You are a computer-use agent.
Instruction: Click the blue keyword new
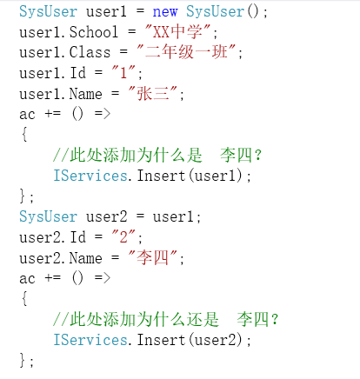click(x=165, y=12)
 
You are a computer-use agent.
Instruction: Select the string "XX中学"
click(x=177, y=32)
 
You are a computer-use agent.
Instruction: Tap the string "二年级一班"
click(x=186, y=52)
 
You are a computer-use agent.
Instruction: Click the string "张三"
click(x=152, y=94)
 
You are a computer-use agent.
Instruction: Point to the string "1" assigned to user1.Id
click(x=123, y=72)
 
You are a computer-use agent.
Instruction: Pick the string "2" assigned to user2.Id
click(x=123, y=237)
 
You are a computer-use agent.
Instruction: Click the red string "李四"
click(x=152, y=257)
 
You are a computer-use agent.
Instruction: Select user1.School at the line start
click(x=69, y=32)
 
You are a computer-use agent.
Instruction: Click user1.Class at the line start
click(x=65, y=52)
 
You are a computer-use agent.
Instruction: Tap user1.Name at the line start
click(x=61, y=94)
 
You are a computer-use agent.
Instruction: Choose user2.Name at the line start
click(x=61, y=258)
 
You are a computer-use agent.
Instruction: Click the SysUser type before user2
click(x=48, y=216)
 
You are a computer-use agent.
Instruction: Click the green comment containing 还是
click(x=166, y=319)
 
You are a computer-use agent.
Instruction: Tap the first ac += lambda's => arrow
click(x=103, y=113)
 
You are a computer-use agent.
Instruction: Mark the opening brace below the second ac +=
click(x=24, y=298)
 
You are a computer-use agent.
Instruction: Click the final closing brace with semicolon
click(x=26, y=361)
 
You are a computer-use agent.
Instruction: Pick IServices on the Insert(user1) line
click(x=90, y=176)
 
